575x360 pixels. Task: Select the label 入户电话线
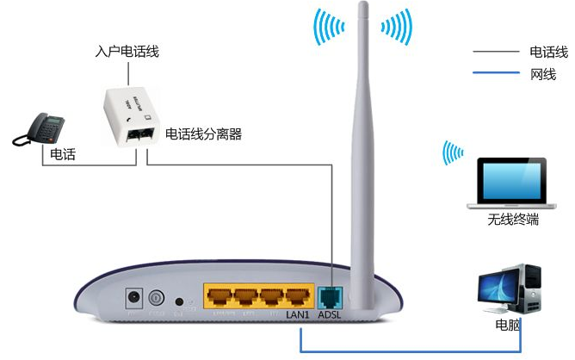click(127, 53)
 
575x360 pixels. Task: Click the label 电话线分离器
click(203, 133)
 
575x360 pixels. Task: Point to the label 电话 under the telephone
click(63, 154)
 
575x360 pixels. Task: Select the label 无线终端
click(513, 220)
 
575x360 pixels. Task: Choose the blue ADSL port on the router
click(330, 298)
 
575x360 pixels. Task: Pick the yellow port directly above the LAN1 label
click(298, 298)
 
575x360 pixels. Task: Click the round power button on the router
click(156, 300)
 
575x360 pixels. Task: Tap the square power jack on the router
click(133, 298)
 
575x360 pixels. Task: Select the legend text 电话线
click(548, 53)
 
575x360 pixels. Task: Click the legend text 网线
click(543, 74)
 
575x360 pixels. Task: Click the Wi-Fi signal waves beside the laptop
click(451, 152)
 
